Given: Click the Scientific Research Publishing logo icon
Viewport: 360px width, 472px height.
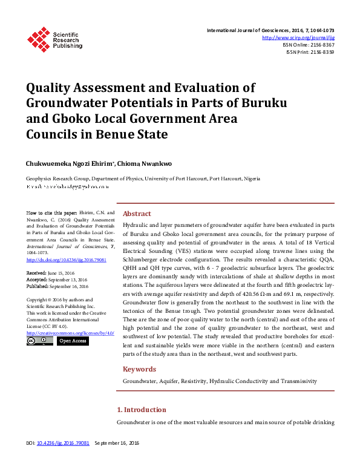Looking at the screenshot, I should point(39,38).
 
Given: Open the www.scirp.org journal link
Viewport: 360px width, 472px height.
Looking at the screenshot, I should point(298,38).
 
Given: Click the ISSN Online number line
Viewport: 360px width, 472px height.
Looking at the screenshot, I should point(308,45).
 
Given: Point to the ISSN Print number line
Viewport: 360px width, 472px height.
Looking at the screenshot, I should point(310,52).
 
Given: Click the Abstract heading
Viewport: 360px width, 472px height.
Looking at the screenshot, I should point(137,214).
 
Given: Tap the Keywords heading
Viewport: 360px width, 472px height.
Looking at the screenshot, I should point(140,369).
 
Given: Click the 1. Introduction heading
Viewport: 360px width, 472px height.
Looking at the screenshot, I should point(141,410).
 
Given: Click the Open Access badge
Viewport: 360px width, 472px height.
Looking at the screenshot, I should point(73,341).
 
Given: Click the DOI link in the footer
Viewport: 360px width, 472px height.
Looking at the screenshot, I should point(63,444).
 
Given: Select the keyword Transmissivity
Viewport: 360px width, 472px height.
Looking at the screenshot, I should point(296,382).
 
